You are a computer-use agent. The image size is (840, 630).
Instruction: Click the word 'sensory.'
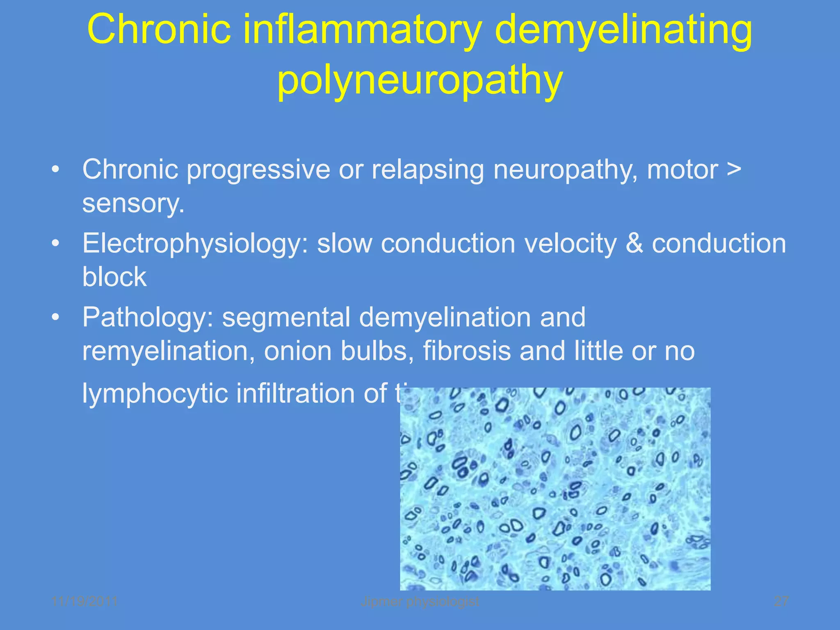[x=133, y=203]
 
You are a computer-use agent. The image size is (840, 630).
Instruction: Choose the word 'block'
[x=114, y=277]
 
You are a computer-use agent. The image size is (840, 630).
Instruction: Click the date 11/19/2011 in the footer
[x=85, y=601]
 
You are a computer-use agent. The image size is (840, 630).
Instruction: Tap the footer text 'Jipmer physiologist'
[x=420, y=601]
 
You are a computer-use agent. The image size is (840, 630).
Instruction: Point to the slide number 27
[x=781, y=601]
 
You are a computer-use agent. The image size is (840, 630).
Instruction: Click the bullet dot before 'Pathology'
[x=56, y=317]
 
